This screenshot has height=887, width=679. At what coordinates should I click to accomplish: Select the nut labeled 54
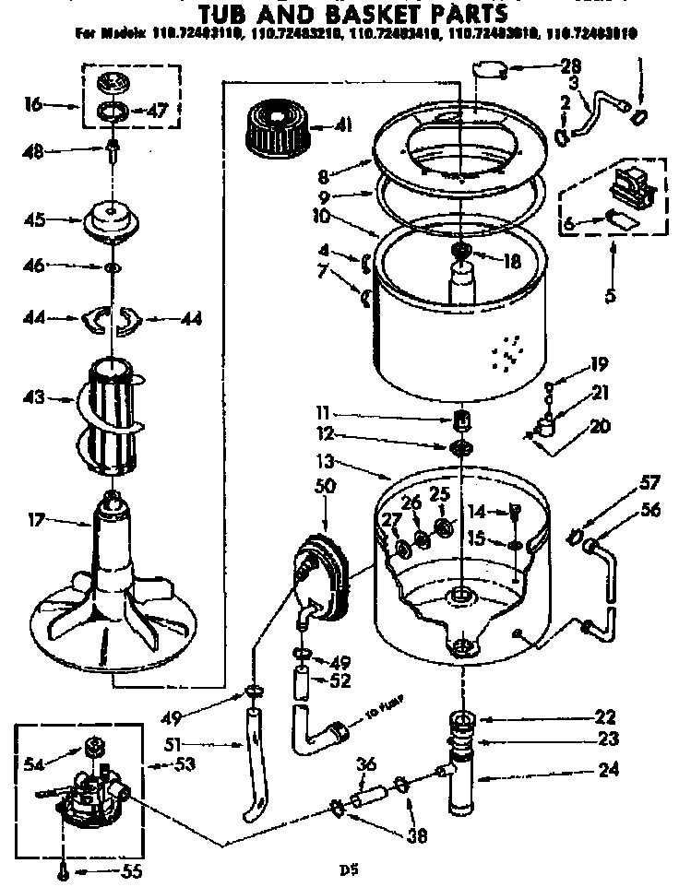[93, 746]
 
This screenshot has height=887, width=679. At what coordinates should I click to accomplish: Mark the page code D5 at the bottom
[347, 869]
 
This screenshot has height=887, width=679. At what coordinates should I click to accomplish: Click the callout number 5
[610, 297]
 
